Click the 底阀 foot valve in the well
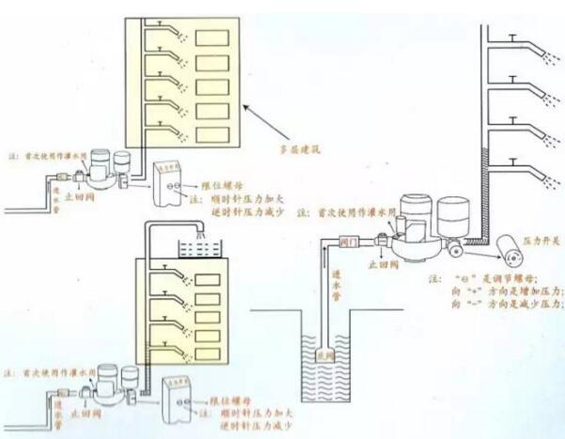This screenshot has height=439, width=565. (x=326, y=356)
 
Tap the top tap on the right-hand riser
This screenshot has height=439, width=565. (x=512, y=39)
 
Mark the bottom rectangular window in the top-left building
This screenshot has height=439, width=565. (x=212, y=137)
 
